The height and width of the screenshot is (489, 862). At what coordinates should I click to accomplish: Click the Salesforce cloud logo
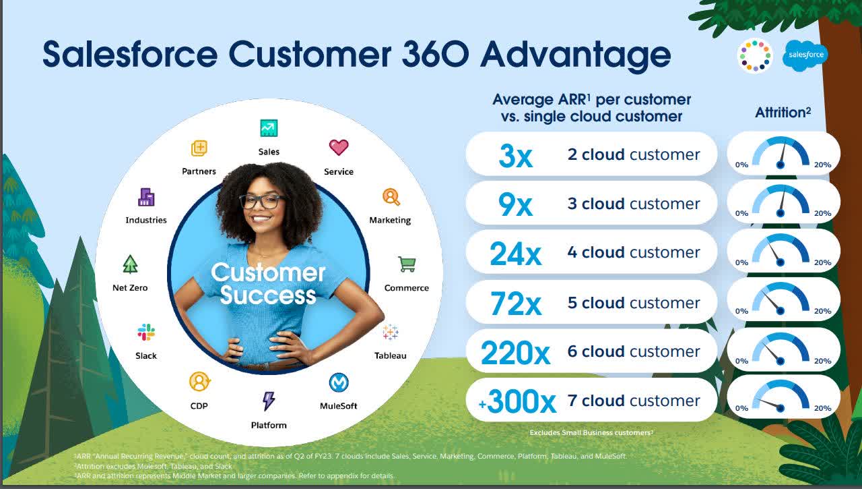pos(805,55)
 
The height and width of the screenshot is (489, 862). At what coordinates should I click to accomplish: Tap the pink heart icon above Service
pos(338,147)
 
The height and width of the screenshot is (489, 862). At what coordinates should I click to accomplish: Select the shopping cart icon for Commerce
pos(407,264)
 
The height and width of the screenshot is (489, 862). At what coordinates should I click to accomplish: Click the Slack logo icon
pos(146,332)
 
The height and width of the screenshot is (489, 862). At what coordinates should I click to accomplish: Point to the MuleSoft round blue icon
pos(338,382)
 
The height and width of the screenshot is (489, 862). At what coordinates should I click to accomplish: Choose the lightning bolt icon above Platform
pos(269,401)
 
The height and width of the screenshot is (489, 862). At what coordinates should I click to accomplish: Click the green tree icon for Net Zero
pos(131,264)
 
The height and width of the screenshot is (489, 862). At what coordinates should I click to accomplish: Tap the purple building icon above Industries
pos(146,197)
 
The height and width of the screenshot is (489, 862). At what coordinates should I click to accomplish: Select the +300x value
pos(517,402)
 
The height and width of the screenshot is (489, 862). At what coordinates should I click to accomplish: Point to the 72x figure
pos(515,304)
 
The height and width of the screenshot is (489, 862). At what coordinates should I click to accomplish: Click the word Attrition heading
pos(781,113)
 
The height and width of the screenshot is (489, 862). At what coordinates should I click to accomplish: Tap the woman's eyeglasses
pos(261,201)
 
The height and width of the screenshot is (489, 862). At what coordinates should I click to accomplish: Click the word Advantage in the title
pos(575,55)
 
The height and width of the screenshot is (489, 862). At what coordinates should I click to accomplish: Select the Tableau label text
pos(391,355)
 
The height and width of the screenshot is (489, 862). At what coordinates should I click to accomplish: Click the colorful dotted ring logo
pos(755,55)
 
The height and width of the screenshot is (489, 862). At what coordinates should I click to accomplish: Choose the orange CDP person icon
pos(199,382)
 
